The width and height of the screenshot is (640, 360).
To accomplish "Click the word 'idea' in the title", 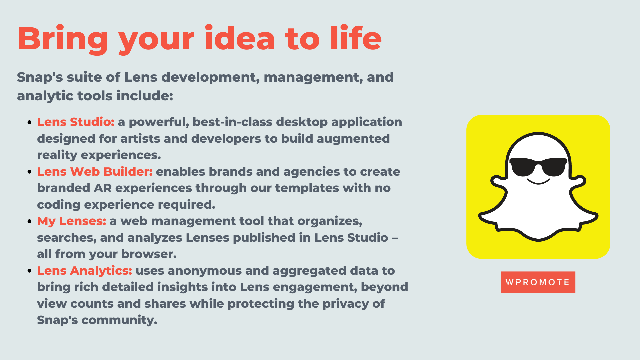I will (x=240, y=39).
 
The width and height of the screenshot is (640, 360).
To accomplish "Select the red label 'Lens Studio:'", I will (x=76, y=122).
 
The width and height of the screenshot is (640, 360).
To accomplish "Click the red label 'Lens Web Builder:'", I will (x=95, y=172).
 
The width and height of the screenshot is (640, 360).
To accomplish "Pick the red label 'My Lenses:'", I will (x=71, y=221).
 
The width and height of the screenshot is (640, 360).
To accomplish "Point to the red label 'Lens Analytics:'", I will (x=84, y=271).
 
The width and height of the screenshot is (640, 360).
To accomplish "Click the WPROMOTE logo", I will (x=538, y=282).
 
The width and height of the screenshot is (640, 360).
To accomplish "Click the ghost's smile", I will (x=538, y=182).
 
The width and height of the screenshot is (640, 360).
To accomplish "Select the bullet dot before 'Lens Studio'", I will (x=30, y=122).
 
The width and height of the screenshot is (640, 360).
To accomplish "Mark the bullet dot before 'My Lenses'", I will (x=30, y=221).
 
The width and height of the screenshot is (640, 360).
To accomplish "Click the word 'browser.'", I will (x=149, y=254).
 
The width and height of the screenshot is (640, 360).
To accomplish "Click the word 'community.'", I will (x=119, y=320).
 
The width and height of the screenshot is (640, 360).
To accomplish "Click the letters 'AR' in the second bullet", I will (x=103, y=188).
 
